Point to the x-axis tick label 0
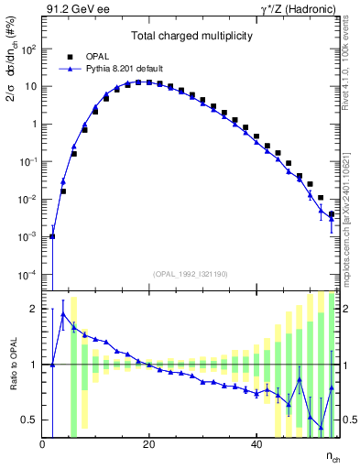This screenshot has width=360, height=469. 43,443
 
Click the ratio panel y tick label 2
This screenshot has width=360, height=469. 35,309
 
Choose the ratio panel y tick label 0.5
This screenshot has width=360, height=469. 31,420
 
